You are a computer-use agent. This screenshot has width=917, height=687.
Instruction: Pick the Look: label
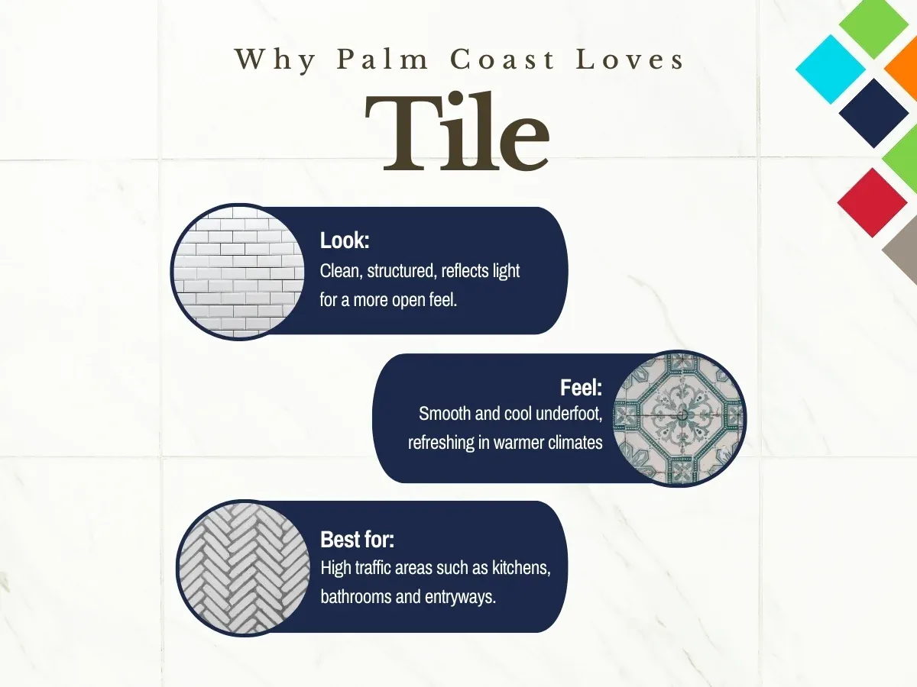coord(345,241)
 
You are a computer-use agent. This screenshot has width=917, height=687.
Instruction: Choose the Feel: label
coord(581,388)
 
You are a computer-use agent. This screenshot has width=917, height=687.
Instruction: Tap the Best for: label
coord(357,540)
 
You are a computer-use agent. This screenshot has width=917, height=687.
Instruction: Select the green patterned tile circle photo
coord(679,418)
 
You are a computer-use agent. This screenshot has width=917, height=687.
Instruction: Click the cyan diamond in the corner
coord(831,69)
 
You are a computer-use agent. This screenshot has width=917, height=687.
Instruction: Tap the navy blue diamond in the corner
coord(873,113)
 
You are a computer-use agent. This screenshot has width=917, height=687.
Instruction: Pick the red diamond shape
coord(872,202)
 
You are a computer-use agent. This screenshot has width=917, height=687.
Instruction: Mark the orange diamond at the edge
coord(904,69)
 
